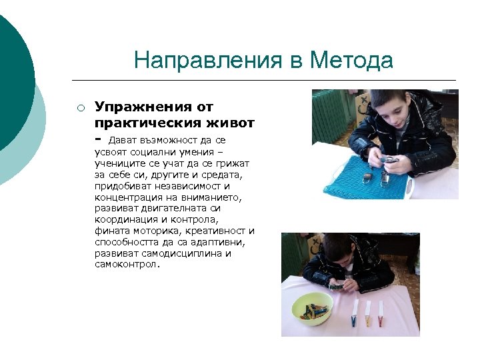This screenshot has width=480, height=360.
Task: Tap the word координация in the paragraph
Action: point(127,219)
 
